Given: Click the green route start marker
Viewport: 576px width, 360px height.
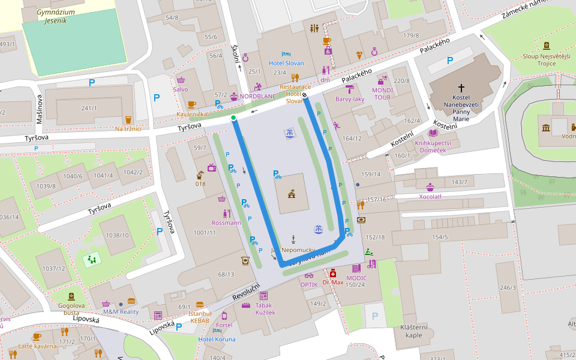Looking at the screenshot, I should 233,118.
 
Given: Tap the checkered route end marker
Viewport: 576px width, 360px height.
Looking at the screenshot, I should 305,94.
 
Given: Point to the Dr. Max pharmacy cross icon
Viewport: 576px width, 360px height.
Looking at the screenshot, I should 333,273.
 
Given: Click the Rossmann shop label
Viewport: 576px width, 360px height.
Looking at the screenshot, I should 226,223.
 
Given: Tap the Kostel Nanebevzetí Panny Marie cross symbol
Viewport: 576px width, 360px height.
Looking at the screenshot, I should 461,88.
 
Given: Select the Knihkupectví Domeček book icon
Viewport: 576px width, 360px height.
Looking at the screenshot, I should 433,133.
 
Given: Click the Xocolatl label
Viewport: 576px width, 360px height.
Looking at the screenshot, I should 430,196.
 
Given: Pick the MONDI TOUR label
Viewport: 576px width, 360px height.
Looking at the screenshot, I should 382,94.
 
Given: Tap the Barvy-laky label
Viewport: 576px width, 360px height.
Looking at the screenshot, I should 350,99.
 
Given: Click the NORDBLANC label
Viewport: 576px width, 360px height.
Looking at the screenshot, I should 257,96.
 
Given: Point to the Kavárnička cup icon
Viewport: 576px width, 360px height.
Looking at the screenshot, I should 192,104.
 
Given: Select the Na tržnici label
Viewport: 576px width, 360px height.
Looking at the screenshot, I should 128,128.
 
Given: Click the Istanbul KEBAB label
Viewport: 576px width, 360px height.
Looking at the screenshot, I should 200,317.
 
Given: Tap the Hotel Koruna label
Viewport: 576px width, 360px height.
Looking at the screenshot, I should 217,339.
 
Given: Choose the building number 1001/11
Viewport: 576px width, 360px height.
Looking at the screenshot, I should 205,232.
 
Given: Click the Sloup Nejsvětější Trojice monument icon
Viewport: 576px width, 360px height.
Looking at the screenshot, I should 546,46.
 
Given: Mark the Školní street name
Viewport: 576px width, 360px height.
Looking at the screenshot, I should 235,53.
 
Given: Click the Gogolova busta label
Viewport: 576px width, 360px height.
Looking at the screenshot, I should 71,309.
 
